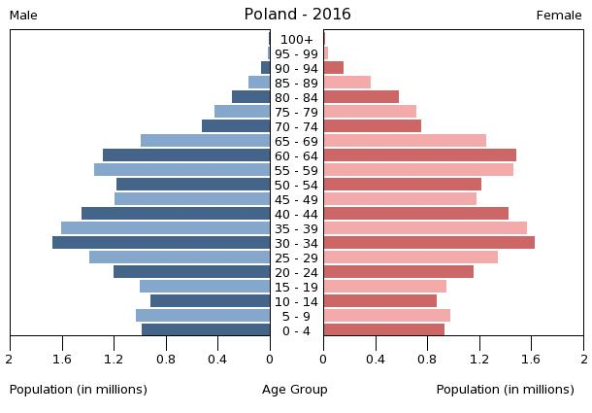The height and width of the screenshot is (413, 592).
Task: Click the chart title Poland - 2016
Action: pos(297,15)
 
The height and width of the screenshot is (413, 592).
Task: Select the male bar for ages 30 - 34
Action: pos(161,242)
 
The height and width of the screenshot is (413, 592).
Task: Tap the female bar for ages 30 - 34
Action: pos(429,242)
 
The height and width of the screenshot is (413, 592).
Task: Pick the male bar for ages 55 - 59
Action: pos(182,169)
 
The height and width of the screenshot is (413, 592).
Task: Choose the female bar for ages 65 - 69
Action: pos(405,140)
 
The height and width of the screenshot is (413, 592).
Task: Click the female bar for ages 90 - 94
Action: pos(334,67)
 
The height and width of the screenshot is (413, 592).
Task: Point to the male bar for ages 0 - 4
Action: pos(206,329)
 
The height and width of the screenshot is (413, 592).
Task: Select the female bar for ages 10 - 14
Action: pos(380,300)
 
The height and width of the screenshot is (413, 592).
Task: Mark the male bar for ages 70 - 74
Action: pos(236,125)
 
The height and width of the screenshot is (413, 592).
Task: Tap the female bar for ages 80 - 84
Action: pos(361,96)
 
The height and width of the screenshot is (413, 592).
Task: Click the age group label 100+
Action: pos(296,39)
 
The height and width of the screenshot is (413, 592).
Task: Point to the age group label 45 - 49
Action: pos(296,199)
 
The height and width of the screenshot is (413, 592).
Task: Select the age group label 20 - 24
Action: pos(296,272)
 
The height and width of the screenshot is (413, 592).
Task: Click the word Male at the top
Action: pos(23,16)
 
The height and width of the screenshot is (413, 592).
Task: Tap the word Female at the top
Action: pos(559,16)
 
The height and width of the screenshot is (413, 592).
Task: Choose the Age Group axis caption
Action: pos(295,390)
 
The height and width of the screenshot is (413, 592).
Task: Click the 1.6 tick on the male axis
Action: pos(62,359)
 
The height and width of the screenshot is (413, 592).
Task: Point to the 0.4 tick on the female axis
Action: pos(376,359)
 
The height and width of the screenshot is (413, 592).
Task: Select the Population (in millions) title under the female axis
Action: pos(505,390)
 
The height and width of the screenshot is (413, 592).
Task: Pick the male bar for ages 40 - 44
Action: pos(176,213)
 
